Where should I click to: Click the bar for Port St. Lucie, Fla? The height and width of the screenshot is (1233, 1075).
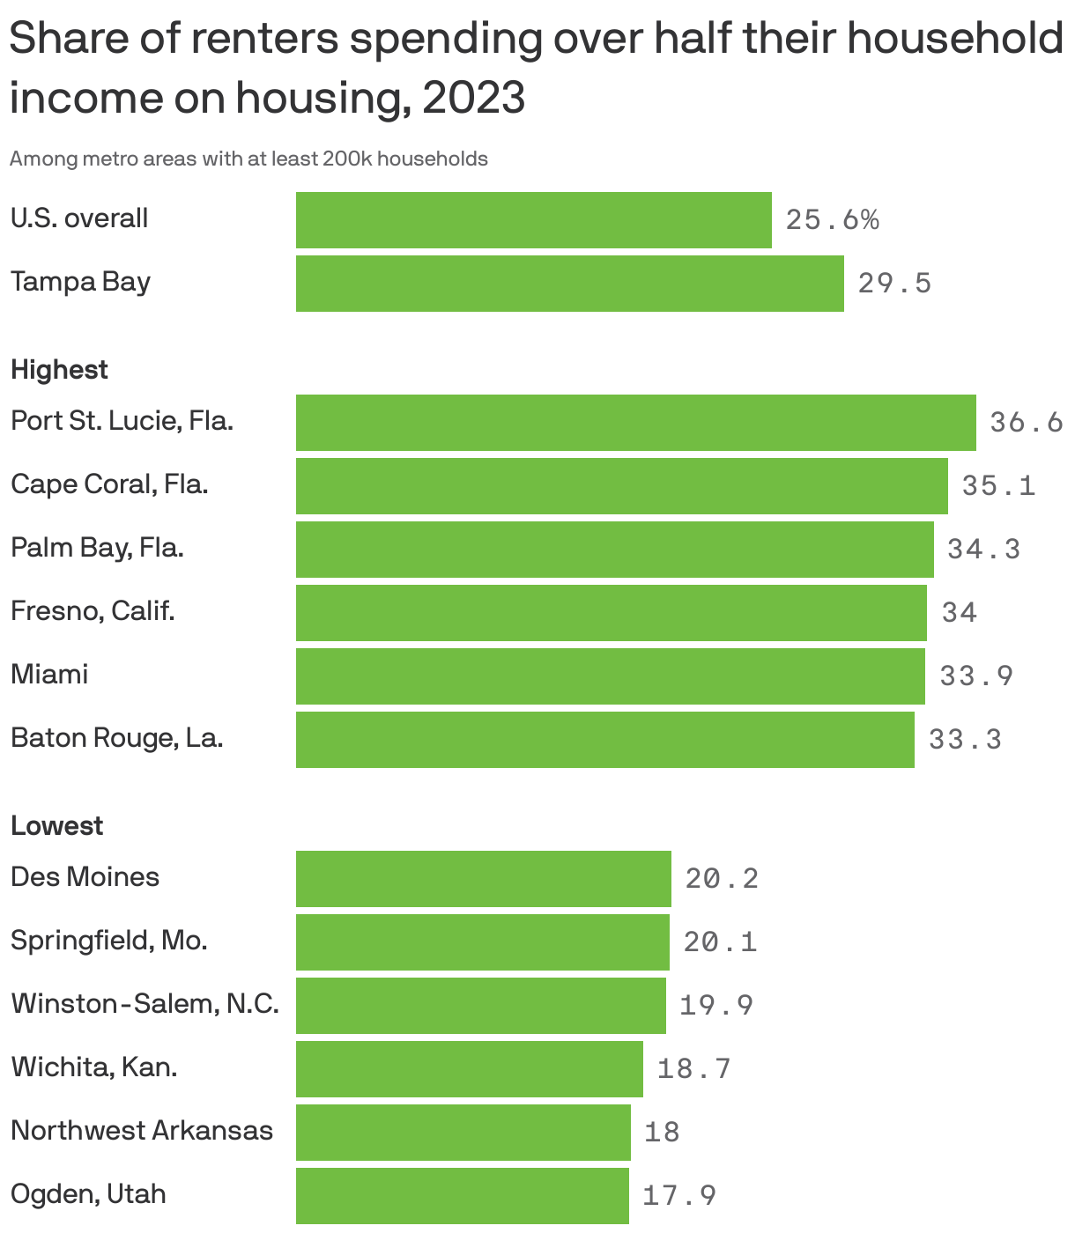point(635,423)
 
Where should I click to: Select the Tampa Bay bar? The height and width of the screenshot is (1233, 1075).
point(569,284)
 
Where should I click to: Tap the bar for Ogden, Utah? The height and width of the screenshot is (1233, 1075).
point(462,1195)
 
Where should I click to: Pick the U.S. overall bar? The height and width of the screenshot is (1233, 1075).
point(533,220)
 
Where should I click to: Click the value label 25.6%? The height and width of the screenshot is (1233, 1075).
point(832,220)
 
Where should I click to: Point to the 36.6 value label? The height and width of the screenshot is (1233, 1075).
point(1027,423)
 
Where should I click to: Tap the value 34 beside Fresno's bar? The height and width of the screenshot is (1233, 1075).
point(960,612)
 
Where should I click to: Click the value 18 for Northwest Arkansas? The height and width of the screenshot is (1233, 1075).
point(662,1132)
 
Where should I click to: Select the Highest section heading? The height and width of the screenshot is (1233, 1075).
point(59,369)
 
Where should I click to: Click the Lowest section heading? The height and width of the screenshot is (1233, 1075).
point(56,825)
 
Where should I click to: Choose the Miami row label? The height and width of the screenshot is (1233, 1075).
point(49,675)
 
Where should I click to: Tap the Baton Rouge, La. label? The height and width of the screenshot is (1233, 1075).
point(116,738)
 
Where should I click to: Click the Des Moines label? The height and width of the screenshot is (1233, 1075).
point(85,877)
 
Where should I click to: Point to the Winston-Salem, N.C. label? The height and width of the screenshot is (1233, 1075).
point(145,1004)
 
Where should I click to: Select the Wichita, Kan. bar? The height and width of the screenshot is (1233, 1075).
point(469,1068)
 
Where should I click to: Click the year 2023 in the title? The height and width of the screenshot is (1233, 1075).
point(474,98)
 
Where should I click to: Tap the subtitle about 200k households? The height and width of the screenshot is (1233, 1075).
point(248,159)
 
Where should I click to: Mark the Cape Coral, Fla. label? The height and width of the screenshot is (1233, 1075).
point(109,484)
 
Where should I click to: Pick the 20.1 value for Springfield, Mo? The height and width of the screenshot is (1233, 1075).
point(720,942)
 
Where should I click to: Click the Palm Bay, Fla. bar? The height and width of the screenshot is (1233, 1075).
point(614,550)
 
